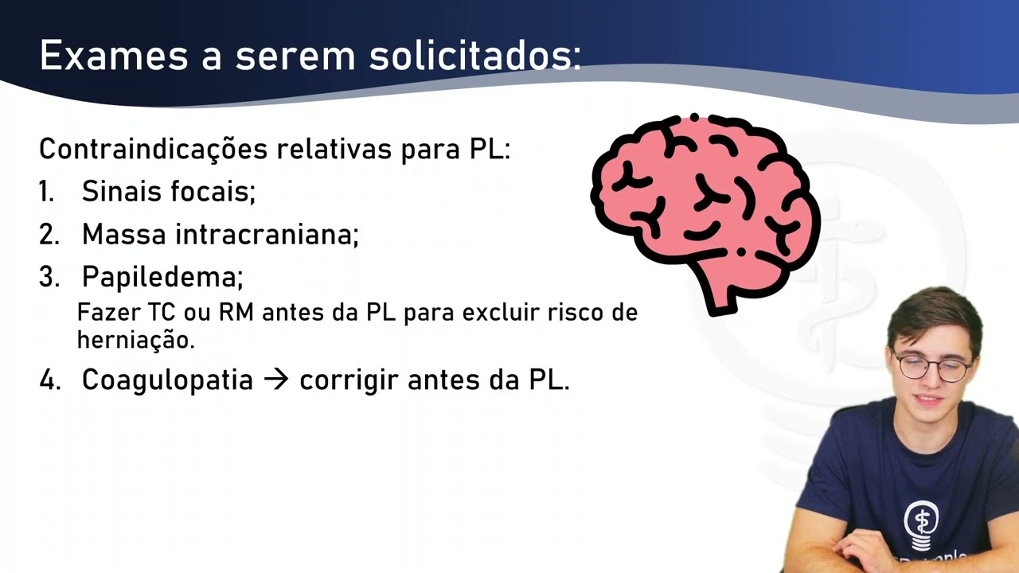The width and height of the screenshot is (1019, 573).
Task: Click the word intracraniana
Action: tap(266, 235)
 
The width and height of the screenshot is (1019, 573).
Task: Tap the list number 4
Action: tap(49, 380)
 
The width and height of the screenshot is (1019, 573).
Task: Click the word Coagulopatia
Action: tap(167, 381)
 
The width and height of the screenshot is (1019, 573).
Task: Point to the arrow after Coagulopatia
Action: tap(275, 381)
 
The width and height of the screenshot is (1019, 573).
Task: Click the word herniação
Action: tap(135, 340)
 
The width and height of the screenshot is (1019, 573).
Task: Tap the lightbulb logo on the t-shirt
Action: tap(922, 522)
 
